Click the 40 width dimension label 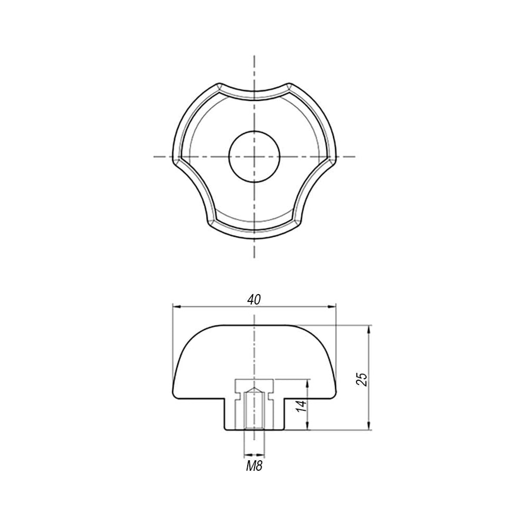click(x=254, y=300)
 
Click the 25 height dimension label click(x=362, y=379)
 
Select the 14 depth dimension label click(x=301, y=406)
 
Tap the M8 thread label click(x=254, y=466)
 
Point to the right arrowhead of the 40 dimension click(x=331, y=306)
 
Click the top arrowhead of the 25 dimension click(x=369, y=329)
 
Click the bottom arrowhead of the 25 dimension click(x=369, y=426)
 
